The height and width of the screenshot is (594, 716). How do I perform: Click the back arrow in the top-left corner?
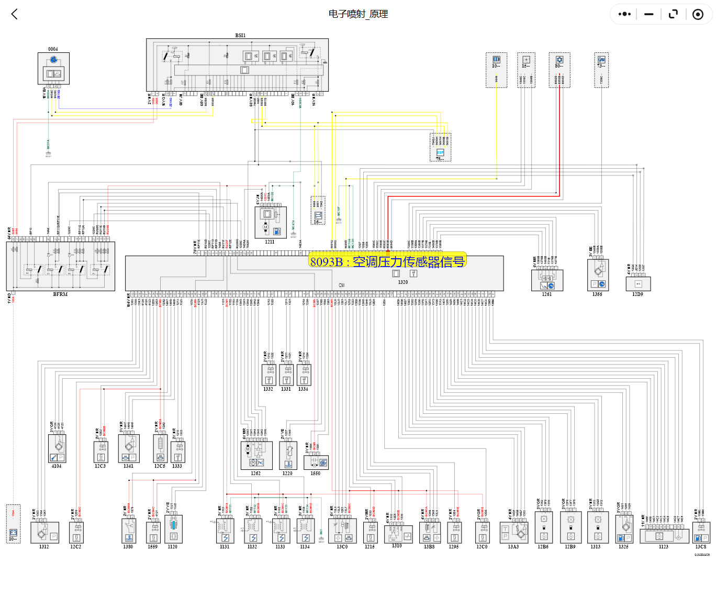tap(15, 14)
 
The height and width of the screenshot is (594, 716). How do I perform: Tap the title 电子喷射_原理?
tap(358, 14)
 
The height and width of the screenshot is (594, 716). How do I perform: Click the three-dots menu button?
tap(624, 14)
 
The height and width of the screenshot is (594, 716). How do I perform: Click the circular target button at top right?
tap(698, 14)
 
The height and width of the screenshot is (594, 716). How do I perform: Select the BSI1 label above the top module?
tap(240, 36)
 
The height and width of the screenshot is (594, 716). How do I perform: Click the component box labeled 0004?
tap(53, 69)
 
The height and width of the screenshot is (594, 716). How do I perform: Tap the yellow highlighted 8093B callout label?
tap(387, 261)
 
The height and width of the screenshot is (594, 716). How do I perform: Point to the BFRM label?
tap(60, 294)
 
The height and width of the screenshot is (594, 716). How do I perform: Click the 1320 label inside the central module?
tap(402, 282)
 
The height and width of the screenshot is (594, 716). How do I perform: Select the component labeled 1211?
tap(270, 223)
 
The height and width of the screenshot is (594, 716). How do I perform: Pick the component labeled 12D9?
tap(638, 283)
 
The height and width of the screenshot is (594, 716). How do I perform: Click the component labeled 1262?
tap(256, 455)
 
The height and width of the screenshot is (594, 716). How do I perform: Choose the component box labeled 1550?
tap(316, 463)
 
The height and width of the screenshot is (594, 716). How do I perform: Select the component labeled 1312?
tap(44, 533)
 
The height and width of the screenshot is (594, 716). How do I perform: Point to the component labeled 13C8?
tap(701, 533)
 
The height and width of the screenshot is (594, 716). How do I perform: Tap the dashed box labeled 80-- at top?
tap(560, 70)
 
